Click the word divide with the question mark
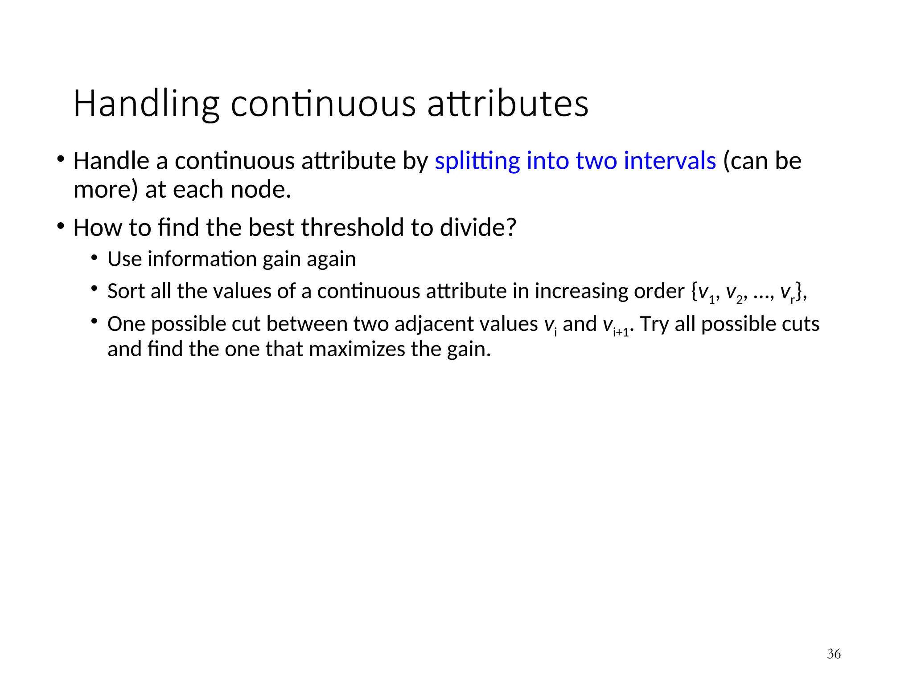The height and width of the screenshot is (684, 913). click(x=477, y=228)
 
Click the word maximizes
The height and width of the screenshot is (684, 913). click(x=357, y=349)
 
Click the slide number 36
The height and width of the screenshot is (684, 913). click(x=834, y=654)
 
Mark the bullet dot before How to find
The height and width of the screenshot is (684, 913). click(x=61, y=226)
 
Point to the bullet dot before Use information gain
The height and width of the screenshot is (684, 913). click(x=94, y=258)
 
